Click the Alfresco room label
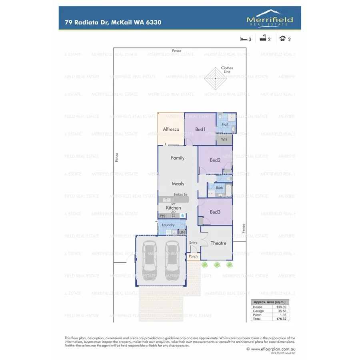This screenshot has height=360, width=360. [x=171, y=129]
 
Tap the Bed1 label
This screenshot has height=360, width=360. [x=200, y=129]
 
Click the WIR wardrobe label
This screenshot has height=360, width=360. [x=224, y=140]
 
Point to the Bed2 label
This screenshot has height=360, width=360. [x=215, y=160]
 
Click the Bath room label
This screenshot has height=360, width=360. [x=220, y=188]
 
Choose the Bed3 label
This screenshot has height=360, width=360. [x=215, y=212]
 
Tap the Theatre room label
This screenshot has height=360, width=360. [x=218, y=243]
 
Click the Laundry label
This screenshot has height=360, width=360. [x=168, y=225]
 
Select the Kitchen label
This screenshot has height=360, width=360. [x=174, y=208]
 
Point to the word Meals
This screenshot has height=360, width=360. [x=178, y=184]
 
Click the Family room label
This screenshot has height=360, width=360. [x=178, y=158]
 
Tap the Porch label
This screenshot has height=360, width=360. [x=193, y=257]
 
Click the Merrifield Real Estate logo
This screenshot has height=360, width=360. [x=270, y=19]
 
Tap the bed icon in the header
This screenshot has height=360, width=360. [x=244, y=39]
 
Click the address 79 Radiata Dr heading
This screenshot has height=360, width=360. [x=113, y=22]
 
